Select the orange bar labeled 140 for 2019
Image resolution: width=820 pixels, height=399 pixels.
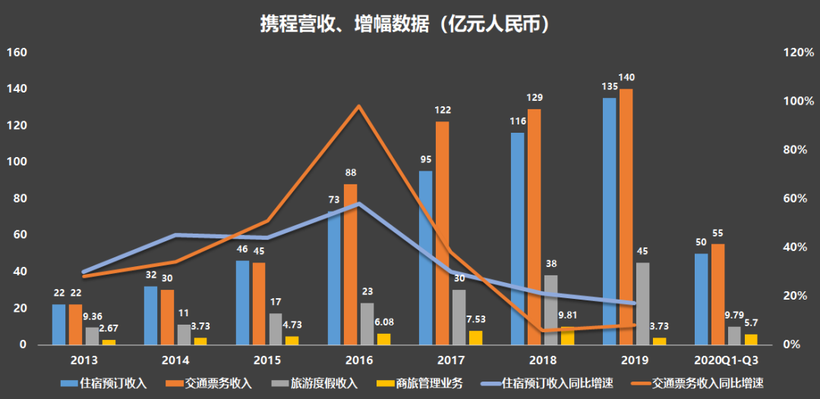[626, 216]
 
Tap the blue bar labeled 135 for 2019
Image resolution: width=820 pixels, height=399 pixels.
[609, 221]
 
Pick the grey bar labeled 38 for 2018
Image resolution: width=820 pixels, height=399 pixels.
[551, 309]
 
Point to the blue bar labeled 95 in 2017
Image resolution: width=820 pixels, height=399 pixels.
[425, 258]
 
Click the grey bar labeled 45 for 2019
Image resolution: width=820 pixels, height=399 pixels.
[642, 303]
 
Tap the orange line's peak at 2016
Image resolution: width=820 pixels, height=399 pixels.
[358, 106]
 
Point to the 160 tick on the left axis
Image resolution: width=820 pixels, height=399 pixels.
[17, 53]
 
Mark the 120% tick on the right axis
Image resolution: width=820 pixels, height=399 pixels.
[800, 53]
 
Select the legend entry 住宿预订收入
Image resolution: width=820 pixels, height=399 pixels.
[106, 383]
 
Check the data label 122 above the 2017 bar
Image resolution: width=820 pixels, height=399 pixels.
[442, 111]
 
